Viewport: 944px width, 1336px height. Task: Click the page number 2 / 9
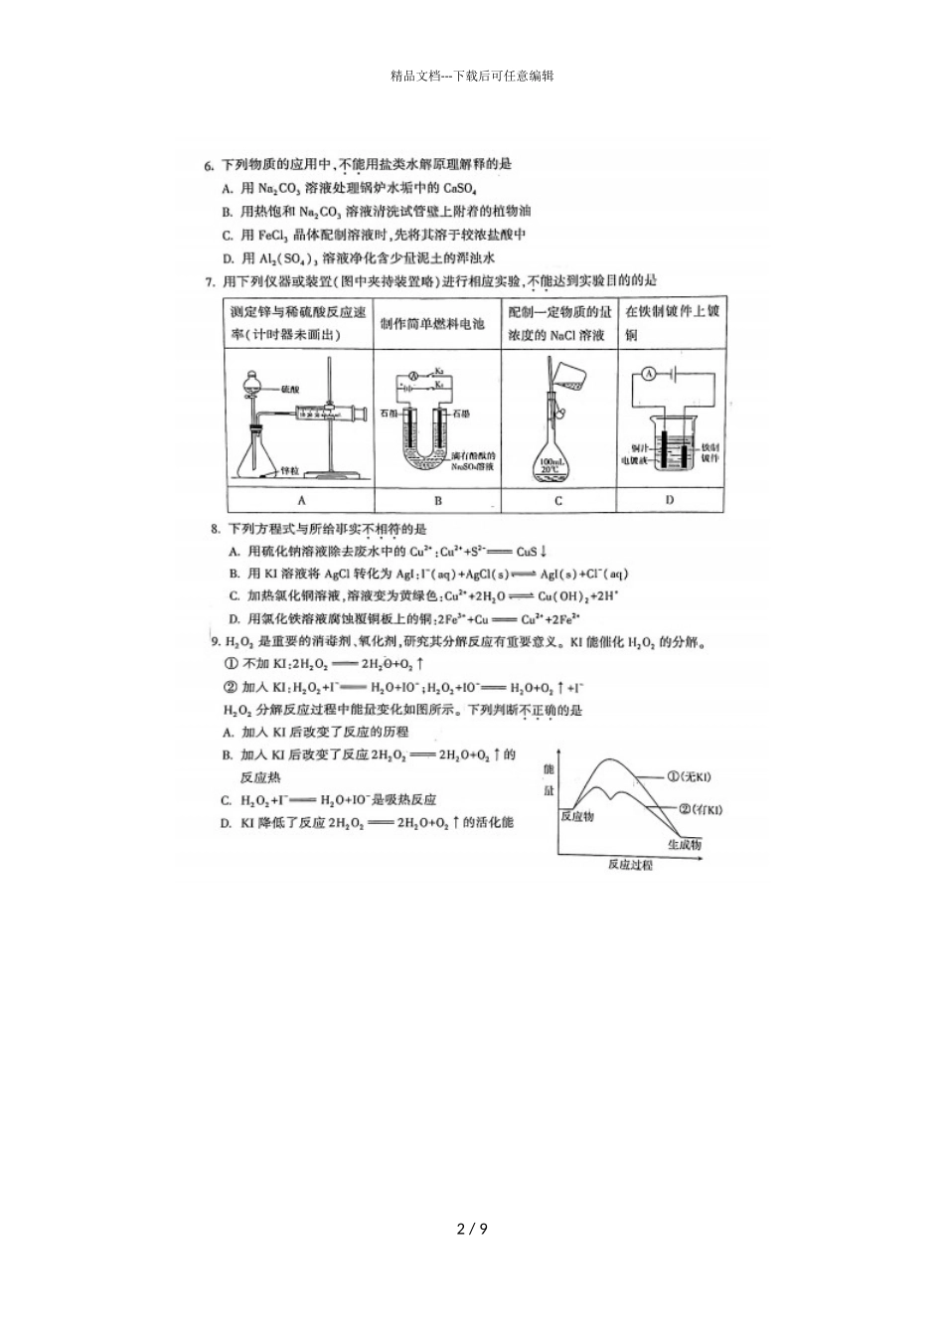472,1230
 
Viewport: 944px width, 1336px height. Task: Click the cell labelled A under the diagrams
301,500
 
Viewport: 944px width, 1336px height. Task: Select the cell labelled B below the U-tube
438,500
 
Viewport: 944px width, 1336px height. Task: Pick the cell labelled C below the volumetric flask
558,500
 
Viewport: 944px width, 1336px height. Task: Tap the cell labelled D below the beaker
670,500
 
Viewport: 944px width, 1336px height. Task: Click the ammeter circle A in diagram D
647,374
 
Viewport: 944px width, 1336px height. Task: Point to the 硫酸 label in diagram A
290,389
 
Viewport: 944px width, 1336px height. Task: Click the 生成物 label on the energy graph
685,844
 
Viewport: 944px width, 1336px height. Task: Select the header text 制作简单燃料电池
432,324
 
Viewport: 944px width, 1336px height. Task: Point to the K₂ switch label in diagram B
439,369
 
